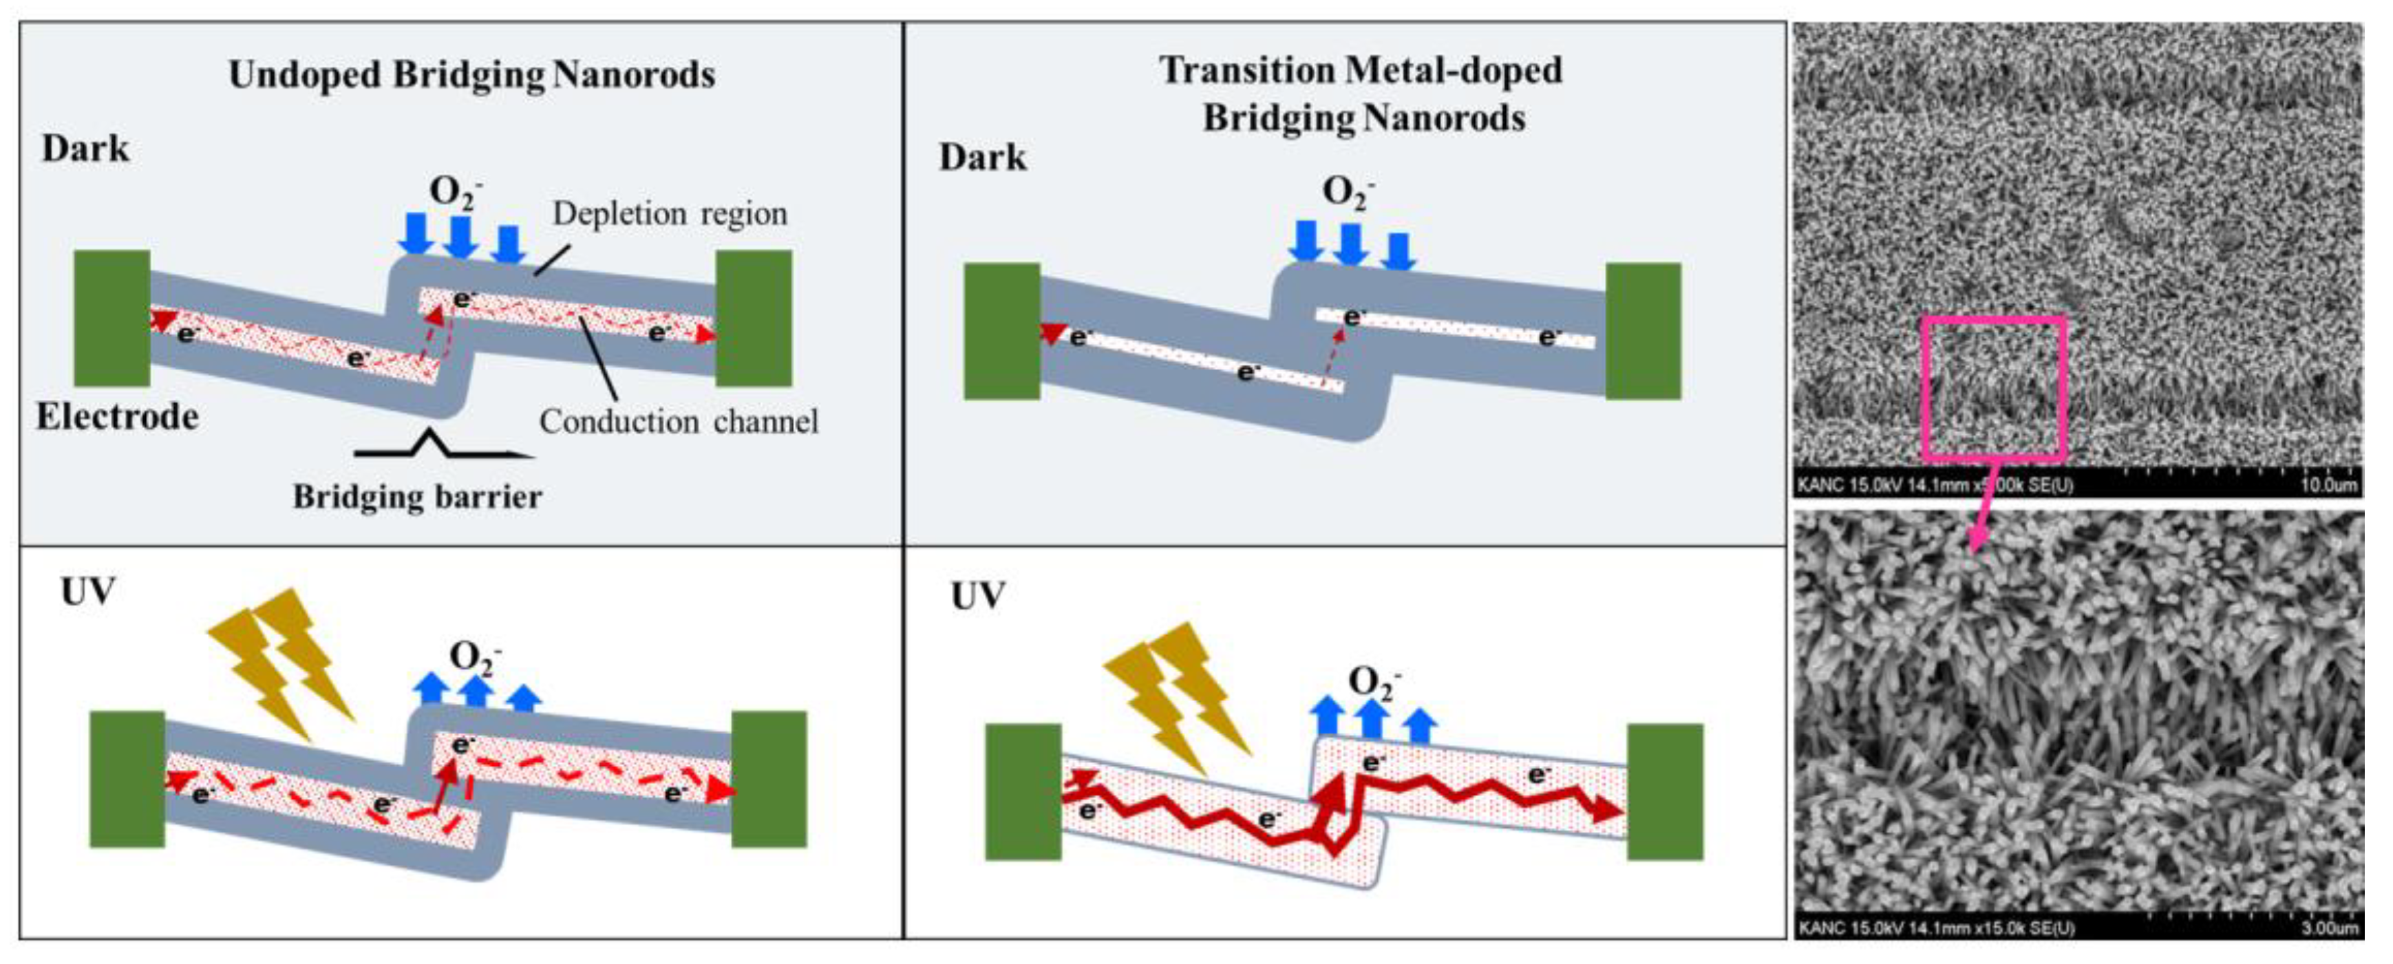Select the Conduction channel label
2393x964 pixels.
pos(678,422)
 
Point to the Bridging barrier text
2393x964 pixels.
pos(417,497)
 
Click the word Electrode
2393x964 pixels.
pos(117,417)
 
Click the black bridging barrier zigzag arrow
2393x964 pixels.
pos(436,446)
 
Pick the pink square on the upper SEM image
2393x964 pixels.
pos(1992,388)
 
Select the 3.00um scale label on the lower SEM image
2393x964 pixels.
pos(2329,927)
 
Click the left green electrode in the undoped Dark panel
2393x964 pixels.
pos(111,318)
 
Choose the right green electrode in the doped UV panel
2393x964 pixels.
pos(1665,791)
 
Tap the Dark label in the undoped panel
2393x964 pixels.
pos(85,149)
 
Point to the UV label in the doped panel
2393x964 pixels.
pos(977,595)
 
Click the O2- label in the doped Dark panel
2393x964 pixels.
pos(1347,192)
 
